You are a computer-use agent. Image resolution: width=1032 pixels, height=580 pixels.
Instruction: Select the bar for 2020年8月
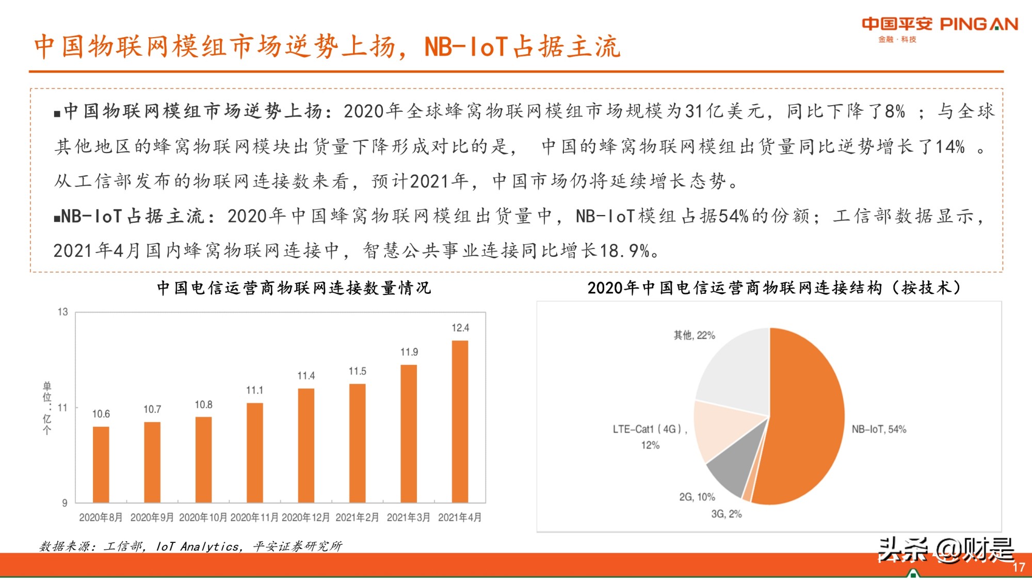[x=101, y=464]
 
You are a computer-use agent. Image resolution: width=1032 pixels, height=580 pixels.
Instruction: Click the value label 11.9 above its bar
[x=409, y=352]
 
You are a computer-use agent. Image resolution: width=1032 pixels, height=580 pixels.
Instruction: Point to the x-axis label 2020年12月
[x=305, y=517]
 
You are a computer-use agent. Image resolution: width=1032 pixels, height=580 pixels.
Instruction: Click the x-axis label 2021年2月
[x=357, y=517]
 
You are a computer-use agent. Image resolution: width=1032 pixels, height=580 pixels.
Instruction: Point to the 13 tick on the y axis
[x=62, y=312]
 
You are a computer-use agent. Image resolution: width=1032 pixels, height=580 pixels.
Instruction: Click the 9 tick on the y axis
[x=64, y=503]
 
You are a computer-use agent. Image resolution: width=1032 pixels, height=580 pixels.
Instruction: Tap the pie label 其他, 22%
[x=694, y=336]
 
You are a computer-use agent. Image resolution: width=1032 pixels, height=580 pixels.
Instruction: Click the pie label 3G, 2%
[x=726, y=514]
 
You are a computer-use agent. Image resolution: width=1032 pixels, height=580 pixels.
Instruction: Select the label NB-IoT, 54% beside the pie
[x=878, y=429]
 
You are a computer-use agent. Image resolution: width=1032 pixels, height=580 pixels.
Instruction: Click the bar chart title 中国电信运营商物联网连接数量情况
[x=294, y=288]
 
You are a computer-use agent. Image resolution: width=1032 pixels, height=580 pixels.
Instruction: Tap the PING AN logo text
[x=978, y=24]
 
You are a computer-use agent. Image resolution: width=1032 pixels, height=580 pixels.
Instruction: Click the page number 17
[x=1018, y=568]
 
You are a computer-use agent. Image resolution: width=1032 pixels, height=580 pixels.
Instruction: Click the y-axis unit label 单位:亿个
[x=47, y=408]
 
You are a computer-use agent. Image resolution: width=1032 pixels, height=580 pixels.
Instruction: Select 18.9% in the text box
[x=624, y=251]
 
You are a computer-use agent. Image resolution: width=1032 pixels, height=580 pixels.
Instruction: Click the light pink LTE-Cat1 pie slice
[x=722, y=428]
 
